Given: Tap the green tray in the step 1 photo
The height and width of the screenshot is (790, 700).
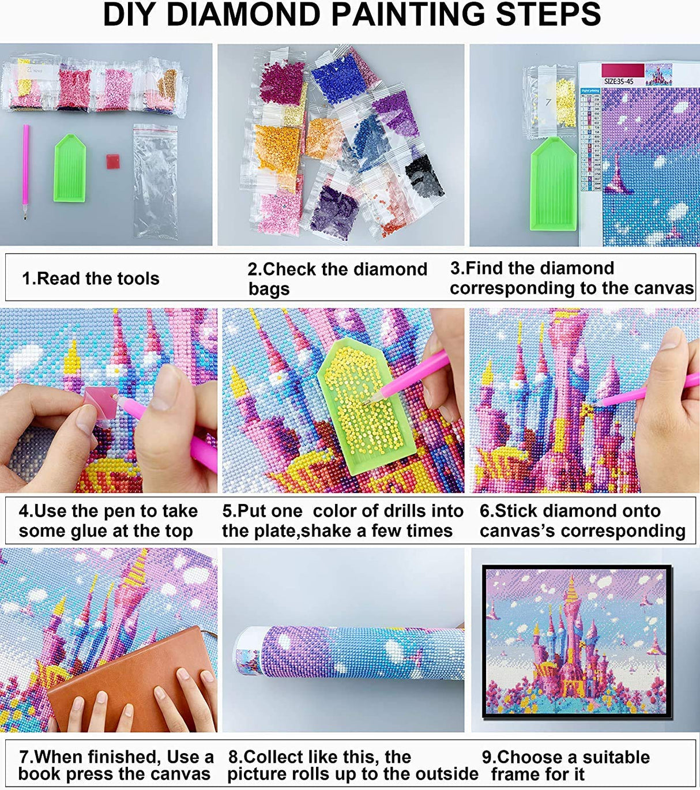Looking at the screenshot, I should pyautogui.click(x=70, y=168).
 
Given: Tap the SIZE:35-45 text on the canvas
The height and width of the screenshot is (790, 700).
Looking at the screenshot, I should pyautogui.click(x=618, y=81).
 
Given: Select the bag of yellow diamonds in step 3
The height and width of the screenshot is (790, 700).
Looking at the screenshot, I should pyautogui.click(x=564, y=103).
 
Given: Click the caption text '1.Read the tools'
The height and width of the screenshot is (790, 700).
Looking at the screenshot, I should pyautogui.click(x=91, y=279).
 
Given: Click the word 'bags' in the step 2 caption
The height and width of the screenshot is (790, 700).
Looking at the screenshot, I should pyautogui.click(x=269, y=289).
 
